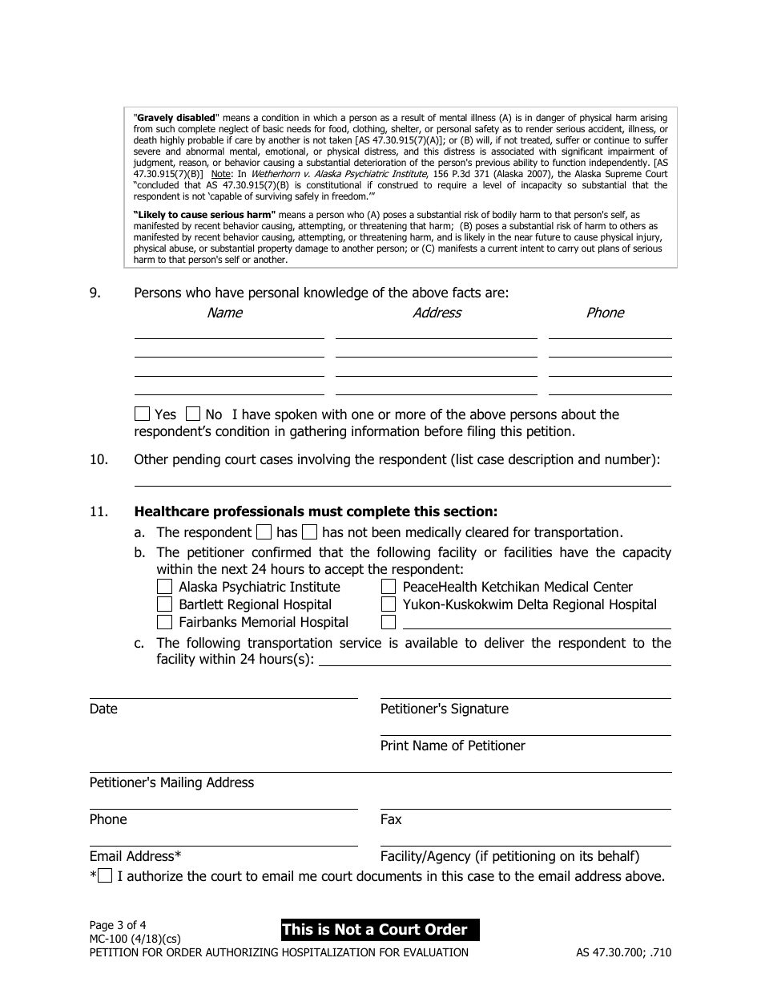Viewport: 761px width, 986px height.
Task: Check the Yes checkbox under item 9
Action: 142,414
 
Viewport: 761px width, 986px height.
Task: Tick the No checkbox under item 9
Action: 193,414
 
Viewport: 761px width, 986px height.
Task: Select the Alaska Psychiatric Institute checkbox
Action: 164,588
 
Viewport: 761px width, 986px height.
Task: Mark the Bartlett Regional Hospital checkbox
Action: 164,605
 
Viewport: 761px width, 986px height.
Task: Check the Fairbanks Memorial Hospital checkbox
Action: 164,623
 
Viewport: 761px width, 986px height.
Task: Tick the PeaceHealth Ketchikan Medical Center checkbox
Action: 389,588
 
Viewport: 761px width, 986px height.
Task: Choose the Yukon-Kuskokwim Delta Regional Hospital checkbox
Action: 389,605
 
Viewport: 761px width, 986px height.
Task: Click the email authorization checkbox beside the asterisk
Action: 105,876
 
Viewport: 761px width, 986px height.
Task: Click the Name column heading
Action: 224,313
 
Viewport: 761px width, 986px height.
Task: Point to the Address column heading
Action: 437,313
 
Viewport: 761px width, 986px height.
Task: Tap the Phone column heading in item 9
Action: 605,313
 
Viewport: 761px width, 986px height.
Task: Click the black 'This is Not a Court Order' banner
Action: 380,930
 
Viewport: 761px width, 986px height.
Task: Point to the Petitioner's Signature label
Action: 444,709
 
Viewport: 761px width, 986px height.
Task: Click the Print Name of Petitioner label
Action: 453,746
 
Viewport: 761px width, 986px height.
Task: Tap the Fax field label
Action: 391,819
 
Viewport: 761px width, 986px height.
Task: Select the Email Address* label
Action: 135,856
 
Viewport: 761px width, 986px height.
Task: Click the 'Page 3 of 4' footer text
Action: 118,924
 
